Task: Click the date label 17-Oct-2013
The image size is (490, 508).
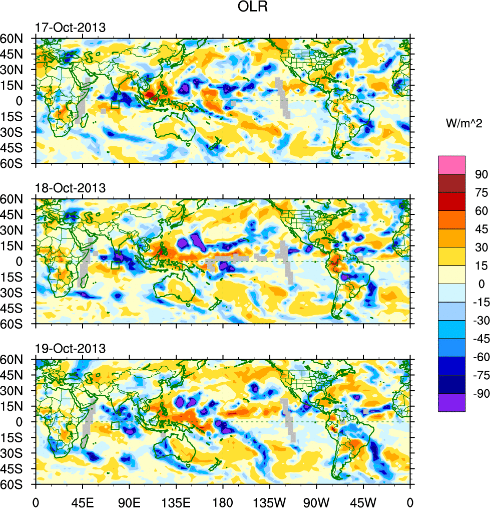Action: [x=70, y=28]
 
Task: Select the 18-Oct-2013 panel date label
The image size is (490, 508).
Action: [x=70, y=188]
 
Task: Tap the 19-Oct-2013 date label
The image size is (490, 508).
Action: [x=70, y=349]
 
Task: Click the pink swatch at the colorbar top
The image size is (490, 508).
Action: [x=451, y=165]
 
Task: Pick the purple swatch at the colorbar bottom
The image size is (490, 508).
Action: [x=451, y=403]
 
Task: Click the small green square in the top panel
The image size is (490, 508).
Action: [x=115, y=104]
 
